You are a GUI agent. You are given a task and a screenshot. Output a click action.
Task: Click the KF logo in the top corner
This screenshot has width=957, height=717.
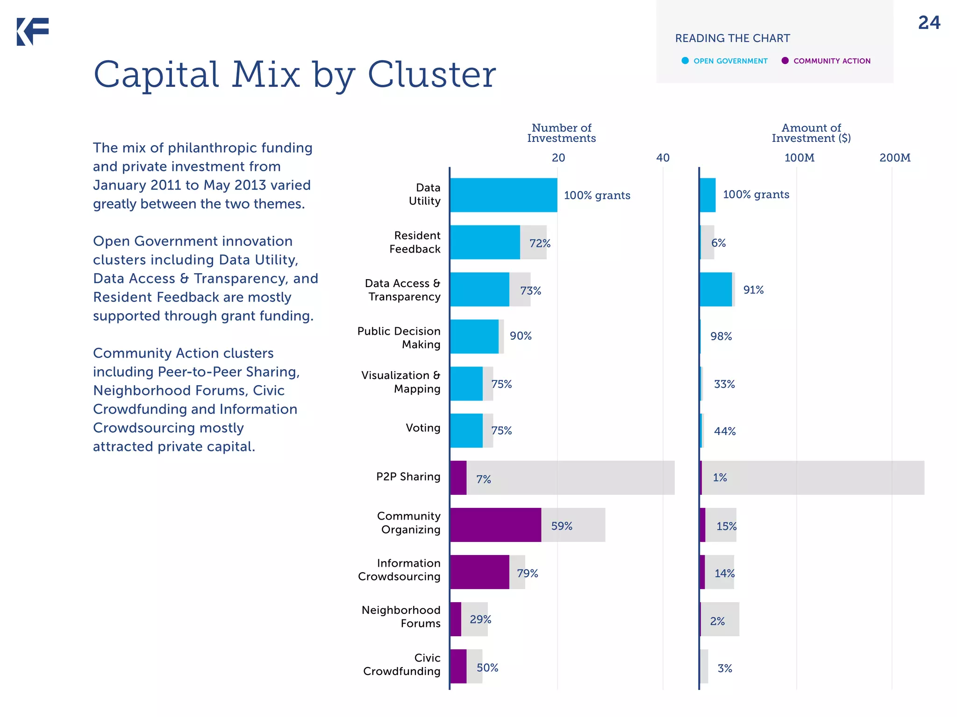(33, 32)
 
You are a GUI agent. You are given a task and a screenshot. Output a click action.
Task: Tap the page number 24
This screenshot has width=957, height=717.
(929, 23)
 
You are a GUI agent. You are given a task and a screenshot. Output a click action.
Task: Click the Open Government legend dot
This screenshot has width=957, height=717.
(685, 61)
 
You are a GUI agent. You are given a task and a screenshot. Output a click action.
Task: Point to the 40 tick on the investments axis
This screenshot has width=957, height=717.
(663, 158)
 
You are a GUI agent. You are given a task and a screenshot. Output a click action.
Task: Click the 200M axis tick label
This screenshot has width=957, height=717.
(894, 158)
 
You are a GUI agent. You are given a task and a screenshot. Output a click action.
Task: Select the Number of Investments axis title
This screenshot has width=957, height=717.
(561, 133)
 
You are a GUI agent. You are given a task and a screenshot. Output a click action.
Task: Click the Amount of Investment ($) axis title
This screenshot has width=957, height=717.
(811, 133)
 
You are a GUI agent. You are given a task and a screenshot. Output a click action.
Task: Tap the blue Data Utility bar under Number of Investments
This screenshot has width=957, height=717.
(503, 195)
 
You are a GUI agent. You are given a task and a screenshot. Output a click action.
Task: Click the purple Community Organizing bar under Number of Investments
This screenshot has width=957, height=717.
(495, 525)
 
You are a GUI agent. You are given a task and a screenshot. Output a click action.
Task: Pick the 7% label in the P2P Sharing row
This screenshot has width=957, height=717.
(483, 479)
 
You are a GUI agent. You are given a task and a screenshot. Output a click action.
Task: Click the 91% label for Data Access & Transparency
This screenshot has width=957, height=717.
(753, 290)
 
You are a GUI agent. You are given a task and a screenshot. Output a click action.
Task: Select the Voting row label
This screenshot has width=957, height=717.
(423, 428)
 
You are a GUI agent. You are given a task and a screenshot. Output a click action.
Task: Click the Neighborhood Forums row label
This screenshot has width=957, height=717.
(401, 617)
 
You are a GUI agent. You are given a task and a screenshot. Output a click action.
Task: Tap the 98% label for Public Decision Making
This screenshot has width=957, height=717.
(721, 337)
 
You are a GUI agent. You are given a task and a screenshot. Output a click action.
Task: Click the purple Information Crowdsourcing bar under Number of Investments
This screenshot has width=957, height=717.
(479, 572)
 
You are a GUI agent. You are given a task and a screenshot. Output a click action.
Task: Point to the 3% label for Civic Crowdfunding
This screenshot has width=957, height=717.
(725, 668)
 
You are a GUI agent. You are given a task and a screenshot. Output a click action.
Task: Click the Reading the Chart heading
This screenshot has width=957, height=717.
(732, 38)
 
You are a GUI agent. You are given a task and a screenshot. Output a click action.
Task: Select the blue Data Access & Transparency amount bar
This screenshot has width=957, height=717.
(715, 289)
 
